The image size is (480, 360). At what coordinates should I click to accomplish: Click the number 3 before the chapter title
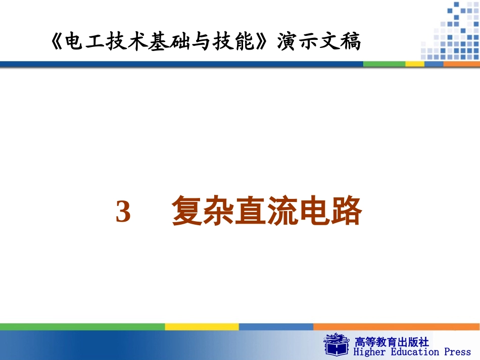pyautogui.click(x=123, y=212)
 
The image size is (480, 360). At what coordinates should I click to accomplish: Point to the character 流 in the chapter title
pyautogui.click(x=283, y=212)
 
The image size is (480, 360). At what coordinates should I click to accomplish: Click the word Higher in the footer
pyautogui.click(x=368, y=352)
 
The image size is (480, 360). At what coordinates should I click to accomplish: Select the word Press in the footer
pyautogui.click(x=457, y=352)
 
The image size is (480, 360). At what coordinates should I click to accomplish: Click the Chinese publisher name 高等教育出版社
pyautogui.click(x=392, y=341)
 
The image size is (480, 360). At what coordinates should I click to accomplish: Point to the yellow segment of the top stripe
pyautogui.click(x=415, y=64)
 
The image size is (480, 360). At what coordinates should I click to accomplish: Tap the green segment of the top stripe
pyautogui.click(x=384, y=64)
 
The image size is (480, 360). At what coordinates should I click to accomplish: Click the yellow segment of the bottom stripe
pyautogui.click(x=202, y=327)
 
